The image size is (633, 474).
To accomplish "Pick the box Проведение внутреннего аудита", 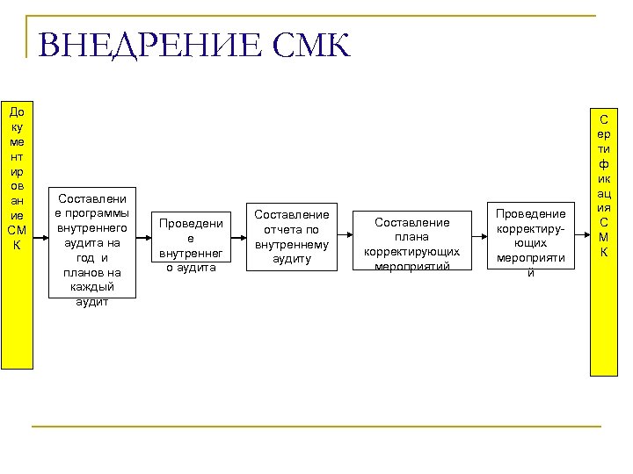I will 190,241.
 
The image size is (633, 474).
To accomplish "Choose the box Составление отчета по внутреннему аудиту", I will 291,237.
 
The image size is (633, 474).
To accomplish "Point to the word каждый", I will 92,287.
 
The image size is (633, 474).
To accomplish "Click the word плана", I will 411,237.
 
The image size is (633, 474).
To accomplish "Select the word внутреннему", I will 291,245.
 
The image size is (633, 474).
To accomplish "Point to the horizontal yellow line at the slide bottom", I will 316,427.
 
